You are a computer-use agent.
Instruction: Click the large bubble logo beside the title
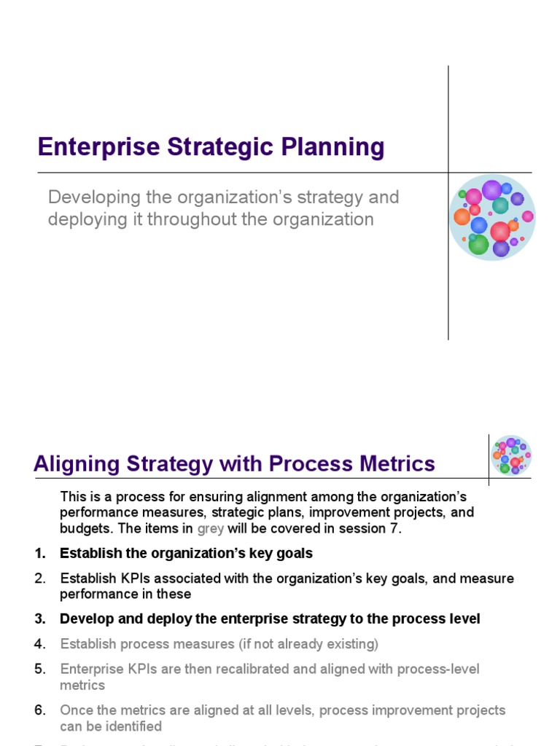[492, 218]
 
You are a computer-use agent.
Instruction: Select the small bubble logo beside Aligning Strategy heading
[511, 456]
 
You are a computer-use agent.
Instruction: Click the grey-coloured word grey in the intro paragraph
[210, 529]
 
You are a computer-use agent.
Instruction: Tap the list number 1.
[39, 554]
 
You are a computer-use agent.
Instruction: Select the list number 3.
[39, 619]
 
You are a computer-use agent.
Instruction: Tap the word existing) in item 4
[354, 644]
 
